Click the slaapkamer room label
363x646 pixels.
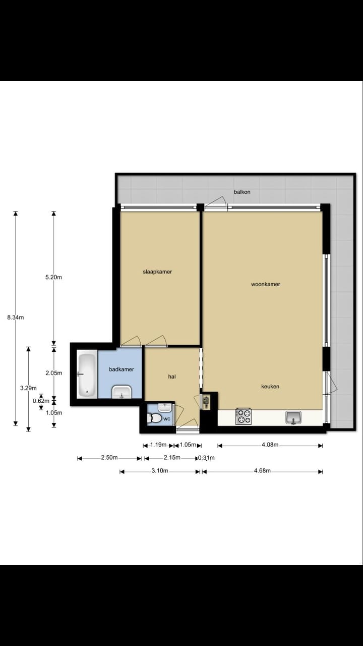click(x=157, y=272)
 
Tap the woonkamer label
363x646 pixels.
click(x=265, y=284)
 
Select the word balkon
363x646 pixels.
click(x=242, y=192)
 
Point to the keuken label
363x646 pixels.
click(x=270, y=387)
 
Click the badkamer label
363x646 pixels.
click(x=122, y=369)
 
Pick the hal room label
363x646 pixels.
click(x=172, y=376)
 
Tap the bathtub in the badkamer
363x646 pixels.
click(x=87, y=374)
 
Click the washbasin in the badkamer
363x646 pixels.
click(x=121, y=392)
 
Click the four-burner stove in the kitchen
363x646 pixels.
click(x=244, y=417)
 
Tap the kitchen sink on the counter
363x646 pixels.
click(x=293, y=417)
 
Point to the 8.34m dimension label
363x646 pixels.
click(x=16, y=317)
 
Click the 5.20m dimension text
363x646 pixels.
click(x=53, y=277)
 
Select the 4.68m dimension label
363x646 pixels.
click(x=262, y=471)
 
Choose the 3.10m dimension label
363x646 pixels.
click(x=159, y=471)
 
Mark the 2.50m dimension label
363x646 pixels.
click(x=109, y=458)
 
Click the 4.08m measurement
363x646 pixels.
click(x=269, y=445)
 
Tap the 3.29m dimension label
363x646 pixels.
click(x=28, y=388)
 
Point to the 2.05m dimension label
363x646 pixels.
click(x=53, y=373)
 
